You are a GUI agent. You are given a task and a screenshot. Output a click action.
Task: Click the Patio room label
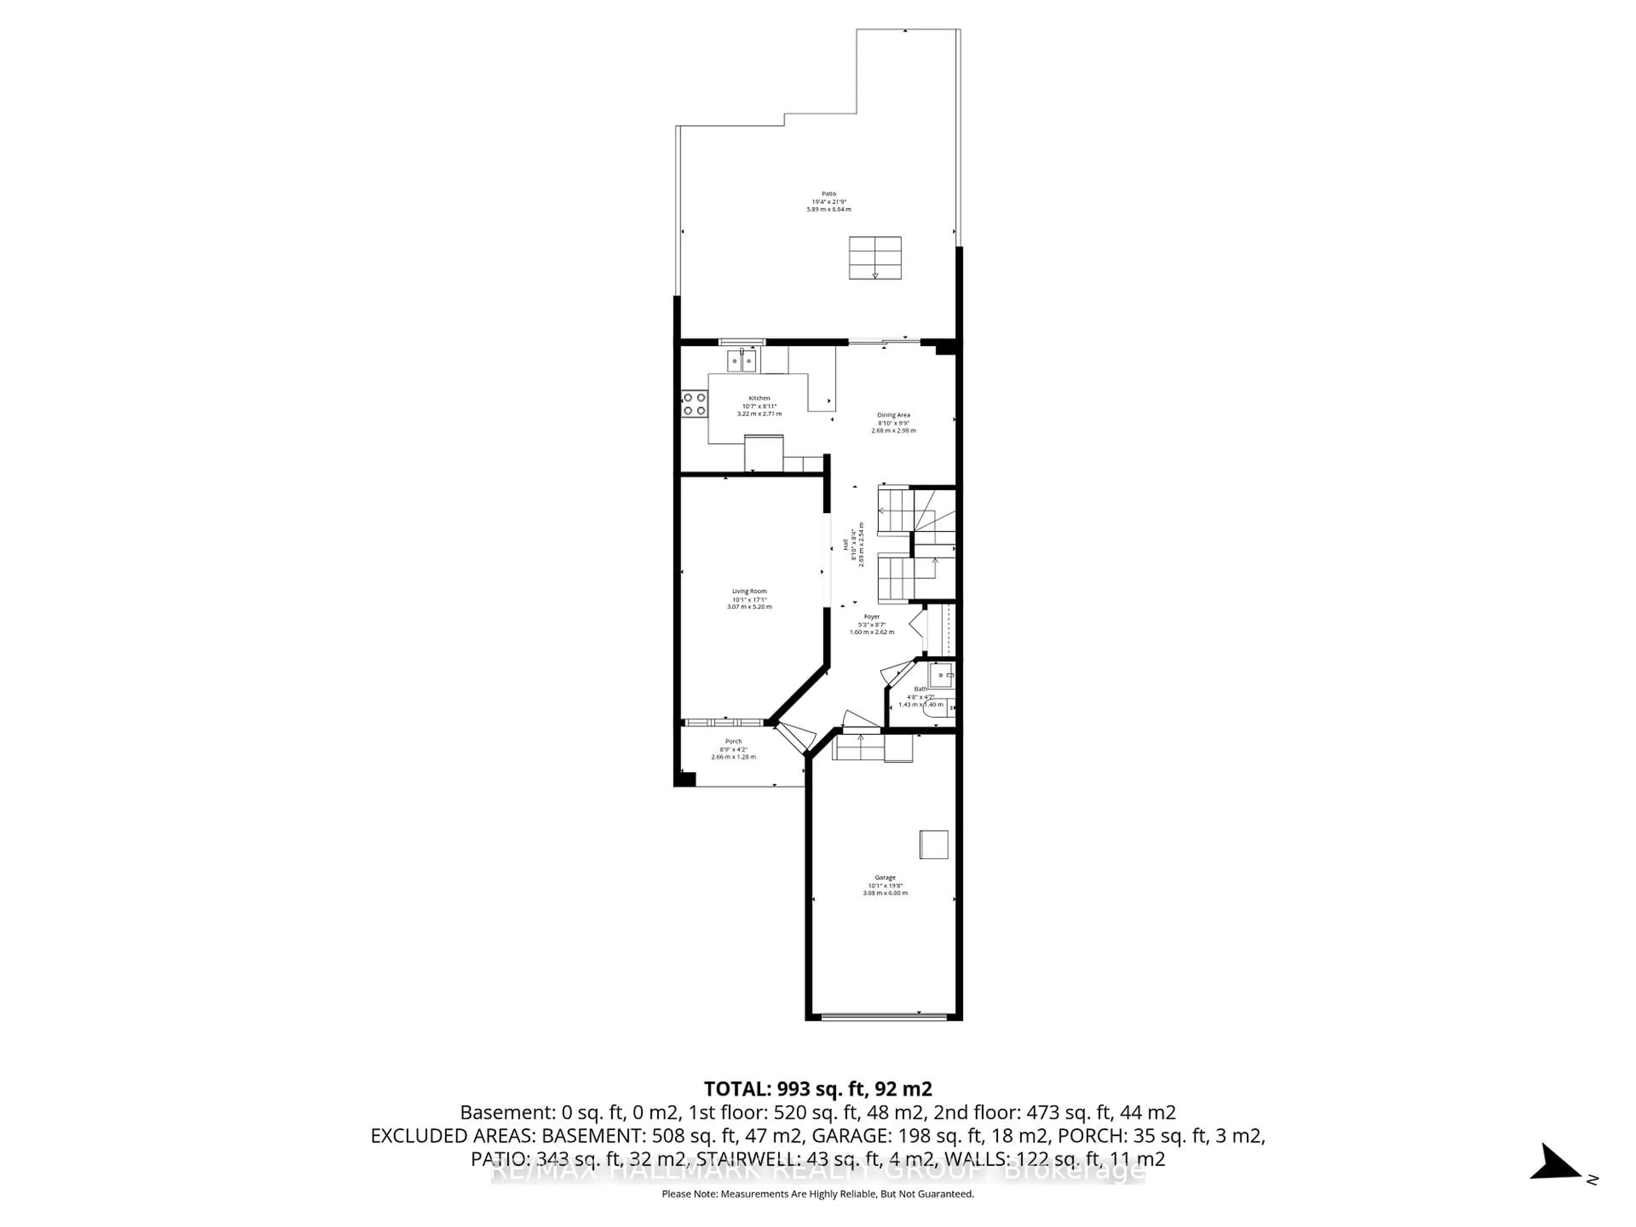[828, 194]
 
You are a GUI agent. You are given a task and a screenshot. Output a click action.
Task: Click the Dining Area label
[893, 415]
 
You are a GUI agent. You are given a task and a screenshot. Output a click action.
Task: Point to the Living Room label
[749, 591]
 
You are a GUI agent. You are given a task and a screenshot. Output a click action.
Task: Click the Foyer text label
[872, 616]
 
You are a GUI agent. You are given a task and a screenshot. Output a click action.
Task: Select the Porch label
[733, 741]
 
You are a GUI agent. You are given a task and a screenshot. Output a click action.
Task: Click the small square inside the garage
[933, 844]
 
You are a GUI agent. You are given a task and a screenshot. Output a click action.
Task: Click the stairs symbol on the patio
[875, 257]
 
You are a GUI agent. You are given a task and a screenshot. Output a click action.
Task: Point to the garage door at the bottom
[884, 1018]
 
